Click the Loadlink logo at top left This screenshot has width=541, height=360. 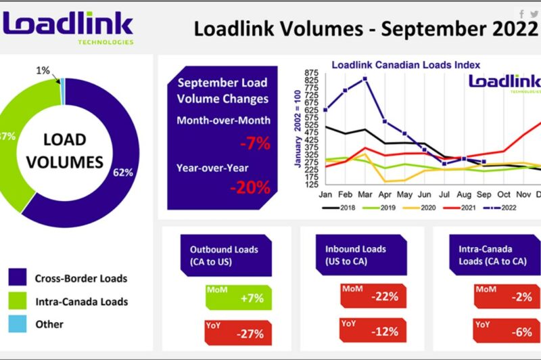pyautogui.click(x=68, y=25)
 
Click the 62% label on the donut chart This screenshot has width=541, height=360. pyautogui.click(x=123, y=173)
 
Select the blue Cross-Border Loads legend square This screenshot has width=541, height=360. pyautogui.click(x=18, y=277)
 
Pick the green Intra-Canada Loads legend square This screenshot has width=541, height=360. pyautogui.click(x=18, y=301)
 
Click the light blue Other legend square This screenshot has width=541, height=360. pyautogui.click(x=18, y=324)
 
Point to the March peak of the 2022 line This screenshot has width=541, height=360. pyautogui.click(x=365, y=79)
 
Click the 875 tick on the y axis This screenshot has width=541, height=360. pyautogui.click(x=312, y=72)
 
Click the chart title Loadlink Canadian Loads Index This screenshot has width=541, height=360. pyautogui.click(x=406, y=65)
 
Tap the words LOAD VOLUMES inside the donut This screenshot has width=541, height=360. pyautogui.click(x=65, y=151)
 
